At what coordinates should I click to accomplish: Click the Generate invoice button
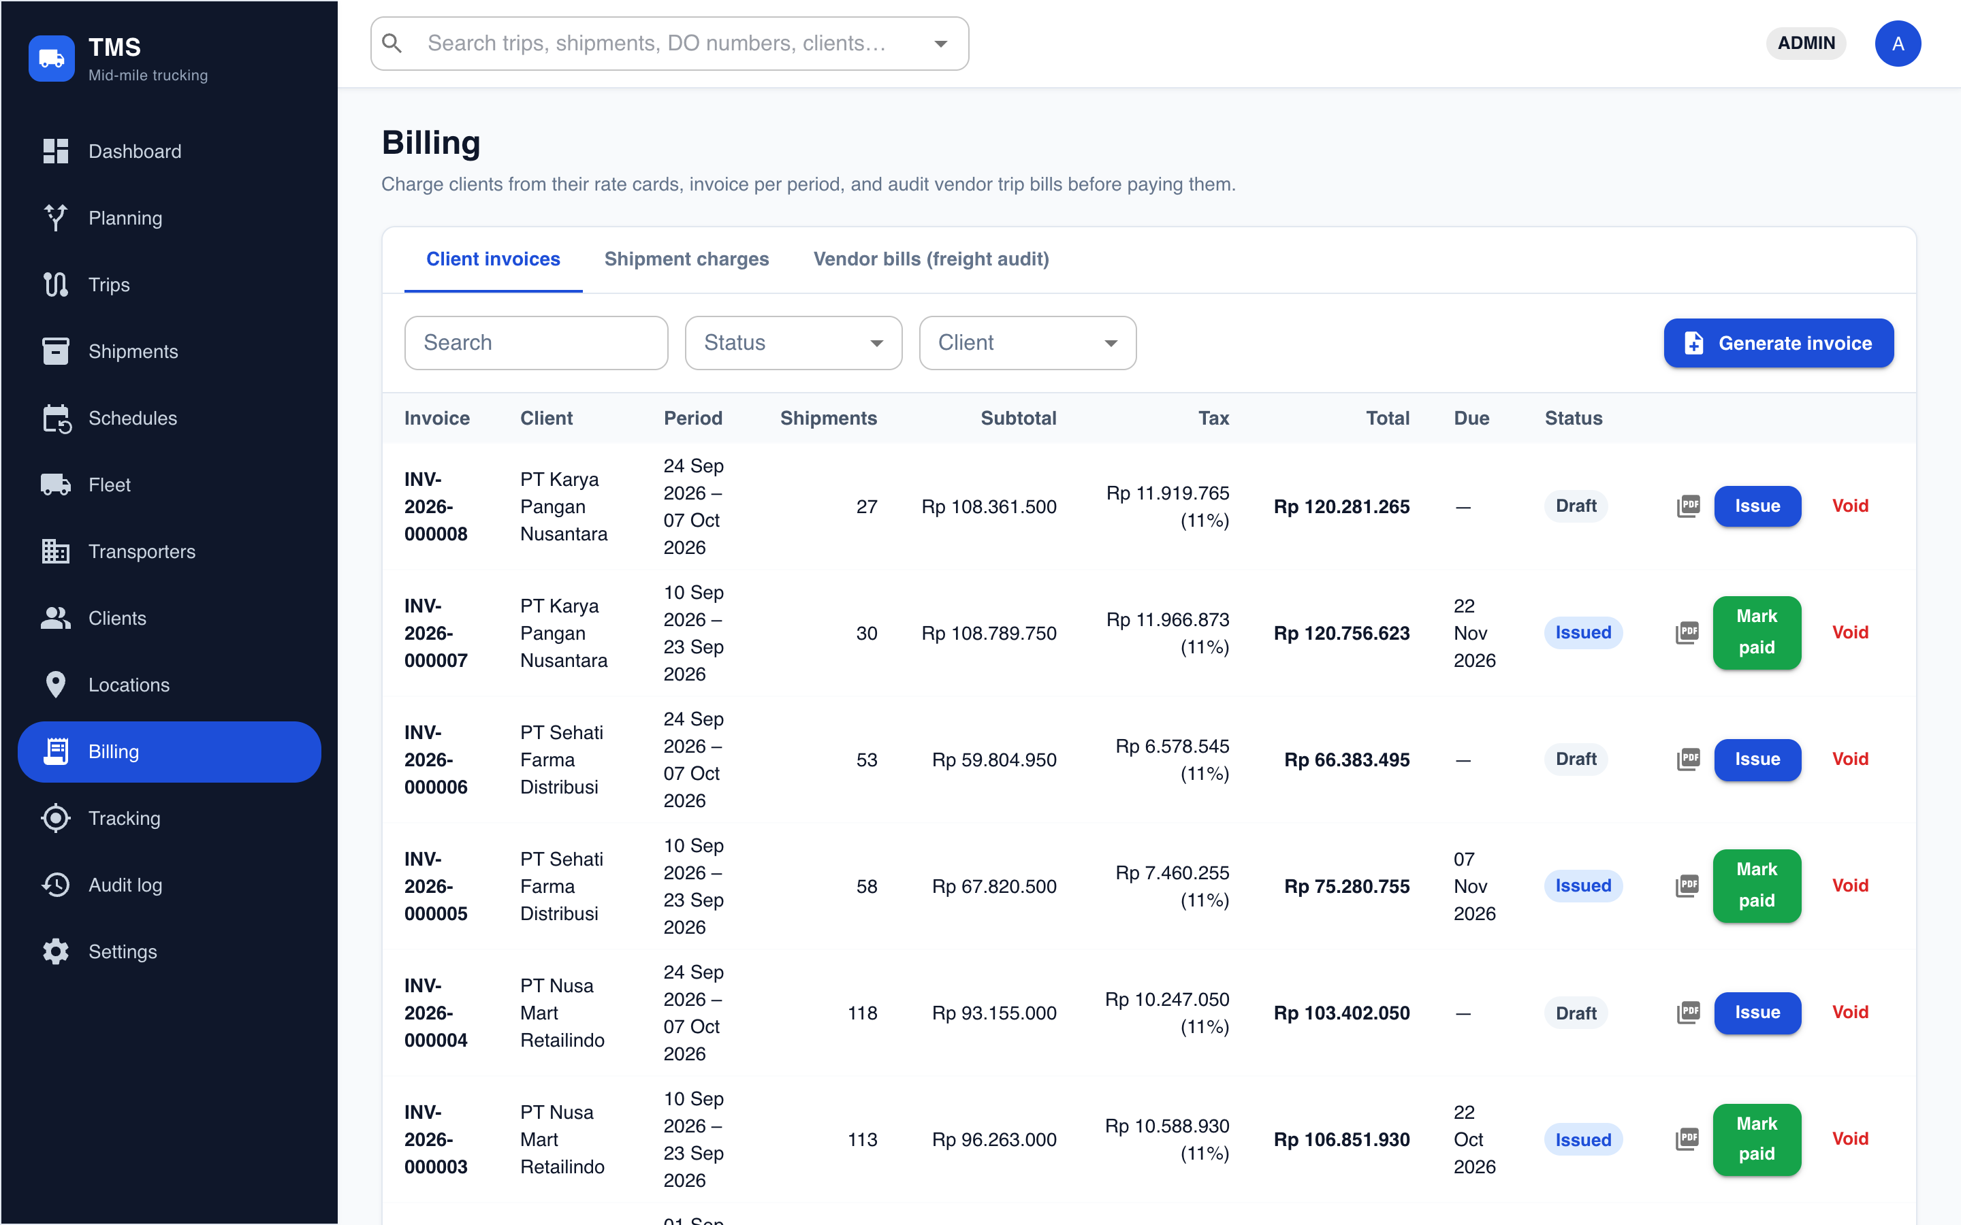click(1778, 343)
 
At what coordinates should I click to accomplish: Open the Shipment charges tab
click(686, 259)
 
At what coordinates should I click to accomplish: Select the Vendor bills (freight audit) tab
click(931, 259)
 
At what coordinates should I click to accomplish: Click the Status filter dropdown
click(793, 343)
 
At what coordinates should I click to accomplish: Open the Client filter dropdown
click(1027, 343)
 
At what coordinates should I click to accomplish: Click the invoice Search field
click(537, 343)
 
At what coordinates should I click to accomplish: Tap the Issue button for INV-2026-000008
click(1757, 506)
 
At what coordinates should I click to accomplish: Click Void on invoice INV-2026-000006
click(1850, 759)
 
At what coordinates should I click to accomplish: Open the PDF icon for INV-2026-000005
click(1687, 885)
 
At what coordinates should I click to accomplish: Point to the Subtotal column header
click(1018, 418)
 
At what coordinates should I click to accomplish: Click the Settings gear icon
click(55, 951)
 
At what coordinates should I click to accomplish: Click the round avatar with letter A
click(1897, 44)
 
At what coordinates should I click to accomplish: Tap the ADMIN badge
click(1806, 44)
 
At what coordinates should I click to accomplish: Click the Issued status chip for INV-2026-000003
click(1582, 1140)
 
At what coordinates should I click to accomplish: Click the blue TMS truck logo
click(52, 59)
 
